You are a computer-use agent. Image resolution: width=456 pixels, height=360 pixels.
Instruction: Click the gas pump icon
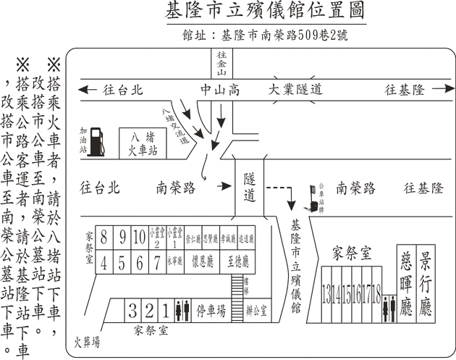(x=103, y=142)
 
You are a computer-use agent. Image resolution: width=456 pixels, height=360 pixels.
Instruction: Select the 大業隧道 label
(x=295, y=90)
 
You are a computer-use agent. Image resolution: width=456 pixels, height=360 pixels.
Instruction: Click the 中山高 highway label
(x=220, y=90)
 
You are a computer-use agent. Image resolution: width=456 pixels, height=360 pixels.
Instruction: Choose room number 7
(x=155, y=261)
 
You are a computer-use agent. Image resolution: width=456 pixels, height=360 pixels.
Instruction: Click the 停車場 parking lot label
(x=211, y=311)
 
